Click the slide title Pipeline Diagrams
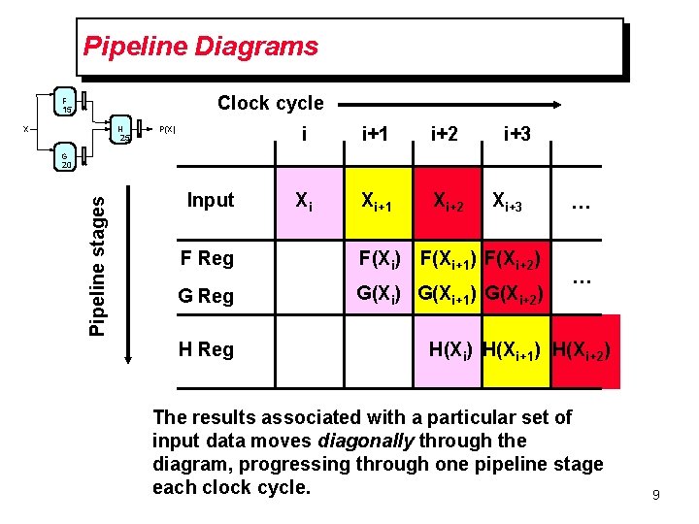tap(200, 46)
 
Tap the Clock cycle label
tap(270, 103)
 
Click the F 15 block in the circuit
tap(65, 104)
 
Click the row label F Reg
tap(208, 258)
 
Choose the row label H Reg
tap(208, 349)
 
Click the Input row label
tap(211, 200)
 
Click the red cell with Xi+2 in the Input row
tap(449, 202)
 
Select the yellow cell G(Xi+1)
tap(449, 293)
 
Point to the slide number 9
tap(655, 496)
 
